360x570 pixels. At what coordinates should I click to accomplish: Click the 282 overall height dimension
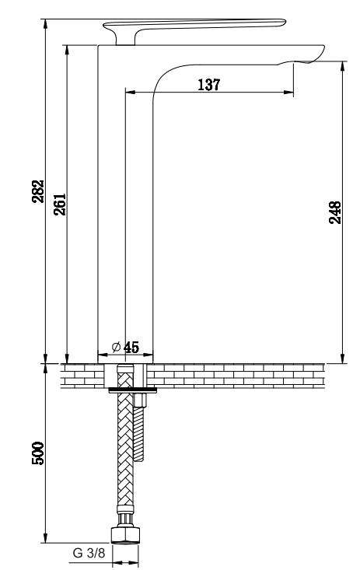(38, 191)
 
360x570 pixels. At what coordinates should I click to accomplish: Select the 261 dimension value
(60, 205)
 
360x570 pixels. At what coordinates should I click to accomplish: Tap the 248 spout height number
(335, 212)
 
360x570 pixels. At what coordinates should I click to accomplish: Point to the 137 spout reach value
(209, 85)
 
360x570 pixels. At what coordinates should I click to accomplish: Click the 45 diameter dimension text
(131, 347)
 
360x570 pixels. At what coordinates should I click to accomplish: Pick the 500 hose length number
(38, 453)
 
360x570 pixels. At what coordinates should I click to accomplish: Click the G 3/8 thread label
(89, 553)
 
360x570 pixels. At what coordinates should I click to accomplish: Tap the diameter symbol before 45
(117, 347)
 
